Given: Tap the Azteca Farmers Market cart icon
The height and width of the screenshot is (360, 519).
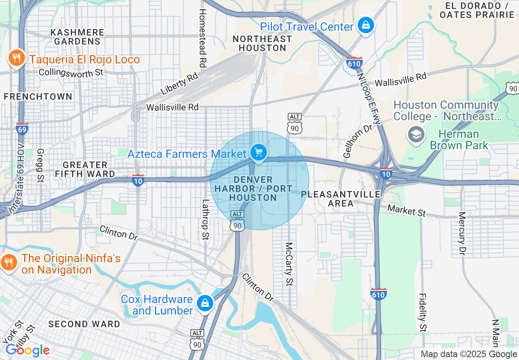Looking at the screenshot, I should pyautogui.click(x=258, y=153).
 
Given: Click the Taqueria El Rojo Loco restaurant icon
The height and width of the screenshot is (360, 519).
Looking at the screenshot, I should pyautogui.click(x=16, y=59).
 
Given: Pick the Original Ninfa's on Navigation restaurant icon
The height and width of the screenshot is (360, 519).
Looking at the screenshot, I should pyautogui.click(x=9, y=262).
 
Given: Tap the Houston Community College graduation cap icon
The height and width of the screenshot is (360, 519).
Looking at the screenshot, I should pyautogui.click(x=416, y=135).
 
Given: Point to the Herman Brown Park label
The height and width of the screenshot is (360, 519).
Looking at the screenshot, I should pyautogui.click(x=459, y=139).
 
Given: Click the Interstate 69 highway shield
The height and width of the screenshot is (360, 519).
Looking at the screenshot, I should pyautogui.click(x=22, y=129).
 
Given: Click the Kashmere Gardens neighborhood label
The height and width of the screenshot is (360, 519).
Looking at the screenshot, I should pyautogui.click(x=77, y=37).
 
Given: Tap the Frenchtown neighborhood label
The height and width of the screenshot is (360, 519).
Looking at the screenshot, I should pyautogui.click(x=38, y=97).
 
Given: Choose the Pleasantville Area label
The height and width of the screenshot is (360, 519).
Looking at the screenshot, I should pyautogui.click(x=341, y=198).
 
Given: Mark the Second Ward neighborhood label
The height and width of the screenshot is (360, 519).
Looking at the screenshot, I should pyautogui.click(x=84, y=324).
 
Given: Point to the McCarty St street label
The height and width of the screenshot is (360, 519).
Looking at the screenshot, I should pyautogui.click(x=289, y=264).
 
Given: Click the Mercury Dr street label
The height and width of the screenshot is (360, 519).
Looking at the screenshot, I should pyautogui.click(x=462, y=233).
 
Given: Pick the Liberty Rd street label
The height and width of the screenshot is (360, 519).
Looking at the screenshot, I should pyautogui.click(x=179, y=84).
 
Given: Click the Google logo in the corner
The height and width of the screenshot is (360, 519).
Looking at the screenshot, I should pyautogui.click(x=27, y=351).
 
